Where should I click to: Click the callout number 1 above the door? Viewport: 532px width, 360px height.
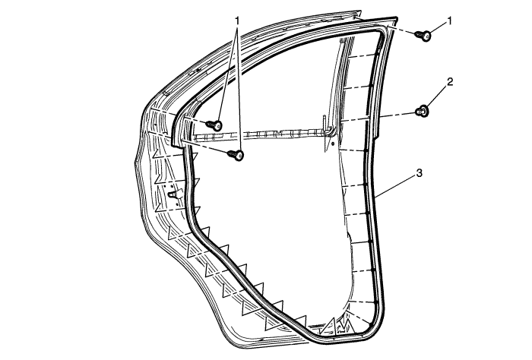click(x=237, y=21)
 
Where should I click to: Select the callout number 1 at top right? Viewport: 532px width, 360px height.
click(x=450, y=22)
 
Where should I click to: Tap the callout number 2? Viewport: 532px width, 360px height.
click(x=450, y=82)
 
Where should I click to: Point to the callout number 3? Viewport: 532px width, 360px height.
click(x=420, y=173)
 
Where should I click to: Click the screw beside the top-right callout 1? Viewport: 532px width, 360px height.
click(x=423, y=35)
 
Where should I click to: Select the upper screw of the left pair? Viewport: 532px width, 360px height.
click(x=214, y=125)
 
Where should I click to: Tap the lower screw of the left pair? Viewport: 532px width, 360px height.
click(x=236, y=155)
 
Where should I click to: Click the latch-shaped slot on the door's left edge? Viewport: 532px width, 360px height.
click(x=174, y=194)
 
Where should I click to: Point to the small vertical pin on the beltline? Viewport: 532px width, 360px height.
click(x=324, y=123)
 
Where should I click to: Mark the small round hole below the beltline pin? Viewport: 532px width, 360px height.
click(x=333, y=144)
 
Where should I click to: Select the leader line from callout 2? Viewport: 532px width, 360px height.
click(x=437, y=96)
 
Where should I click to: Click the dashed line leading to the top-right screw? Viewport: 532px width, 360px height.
click(x=401, y=31)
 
